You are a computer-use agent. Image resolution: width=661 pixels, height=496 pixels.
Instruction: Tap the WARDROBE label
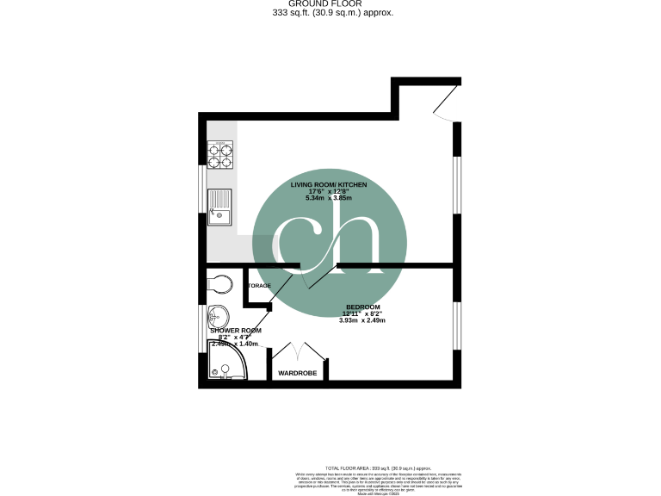tap(297, 373)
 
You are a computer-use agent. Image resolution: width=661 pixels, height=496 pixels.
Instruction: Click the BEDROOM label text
tap(362, 307)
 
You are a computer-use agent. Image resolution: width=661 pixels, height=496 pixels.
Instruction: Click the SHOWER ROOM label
tap(235, 331)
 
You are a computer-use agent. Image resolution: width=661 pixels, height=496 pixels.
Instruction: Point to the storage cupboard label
tap(259, 285)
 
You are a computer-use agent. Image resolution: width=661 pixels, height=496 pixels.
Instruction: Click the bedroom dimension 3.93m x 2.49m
tap(362, 320)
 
